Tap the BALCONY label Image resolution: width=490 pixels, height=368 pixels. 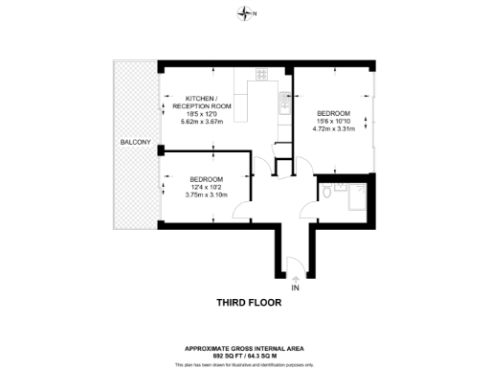click(134, 143)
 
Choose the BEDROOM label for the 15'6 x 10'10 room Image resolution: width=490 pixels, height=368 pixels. click(334, 113)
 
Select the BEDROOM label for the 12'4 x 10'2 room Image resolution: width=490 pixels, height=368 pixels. click(206, 180)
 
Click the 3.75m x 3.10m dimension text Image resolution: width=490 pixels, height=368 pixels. click(206, 195)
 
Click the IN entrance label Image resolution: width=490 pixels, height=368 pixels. click(295, 287)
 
